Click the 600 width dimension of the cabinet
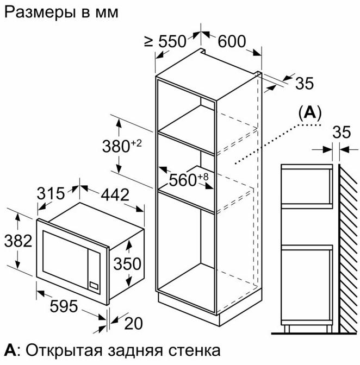point(232,42)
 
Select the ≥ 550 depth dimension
point(165,42)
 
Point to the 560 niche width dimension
point(189,180)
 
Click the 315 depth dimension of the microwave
point(51,193)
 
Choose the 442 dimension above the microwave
point(115,194)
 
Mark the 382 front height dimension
point(18,241)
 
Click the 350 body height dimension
point(127,264)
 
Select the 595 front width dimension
point(64,306)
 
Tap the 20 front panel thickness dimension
point(134,323)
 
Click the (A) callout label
point(309,113)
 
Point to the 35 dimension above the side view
point(342,132)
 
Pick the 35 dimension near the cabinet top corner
point(305,83)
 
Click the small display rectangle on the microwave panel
point(94,285)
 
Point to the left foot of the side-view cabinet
point(287,329)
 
